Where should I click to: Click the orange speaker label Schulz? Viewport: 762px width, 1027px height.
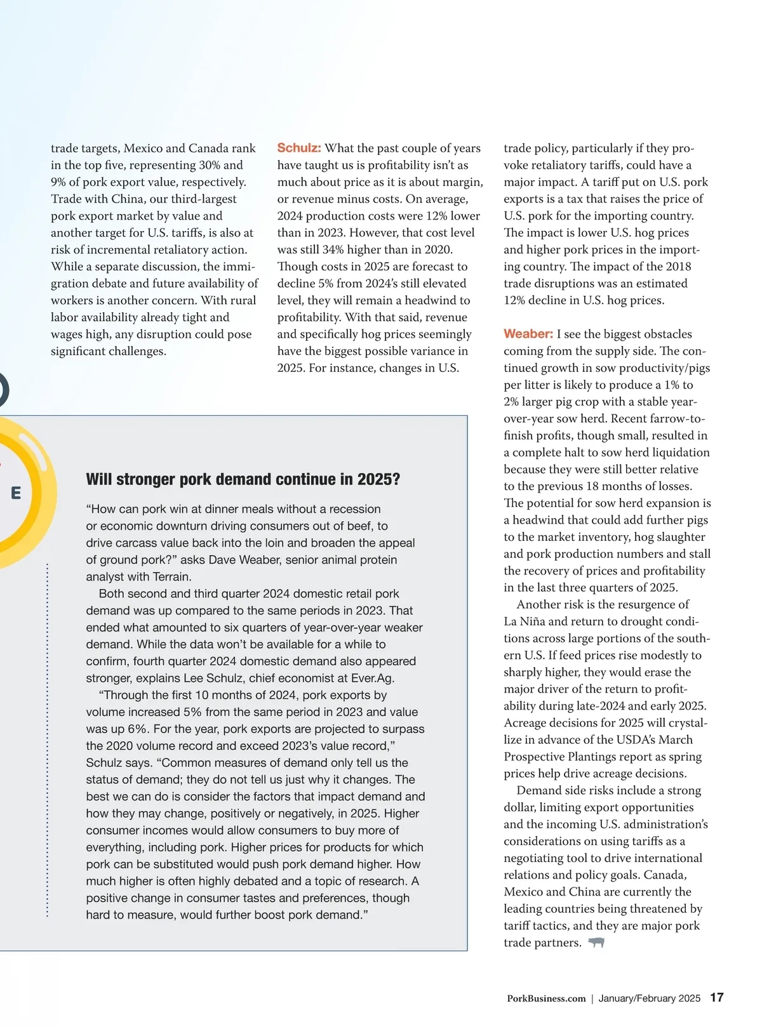(299, 148)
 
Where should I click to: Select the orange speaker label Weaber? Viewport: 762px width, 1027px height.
(528, 334)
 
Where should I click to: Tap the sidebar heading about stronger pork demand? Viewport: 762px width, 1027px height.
(243, 479)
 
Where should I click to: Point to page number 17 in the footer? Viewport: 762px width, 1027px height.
(717, 998)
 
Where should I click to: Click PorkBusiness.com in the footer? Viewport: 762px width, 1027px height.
(546, 998)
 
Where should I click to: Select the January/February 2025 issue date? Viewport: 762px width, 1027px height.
(649, 998)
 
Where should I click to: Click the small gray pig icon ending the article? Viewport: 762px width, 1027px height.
(596, 943)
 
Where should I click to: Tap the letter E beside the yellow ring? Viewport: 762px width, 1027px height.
(16, 493)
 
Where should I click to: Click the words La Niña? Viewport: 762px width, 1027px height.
(525, 621)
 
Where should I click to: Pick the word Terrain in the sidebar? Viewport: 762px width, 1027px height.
(171, 576)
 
